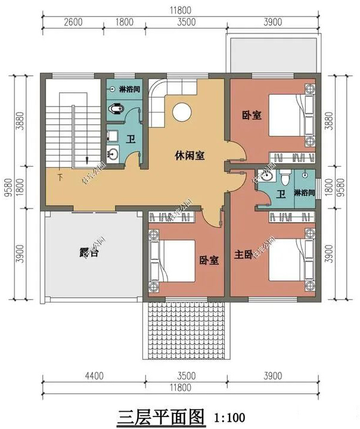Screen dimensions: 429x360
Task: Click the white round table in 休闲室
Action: click(182, 111)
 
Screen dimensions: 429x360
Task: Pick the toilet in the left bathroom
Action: click(117, 109)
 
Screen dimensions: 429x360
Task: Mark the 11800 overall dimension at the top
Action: click(180, 10)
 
